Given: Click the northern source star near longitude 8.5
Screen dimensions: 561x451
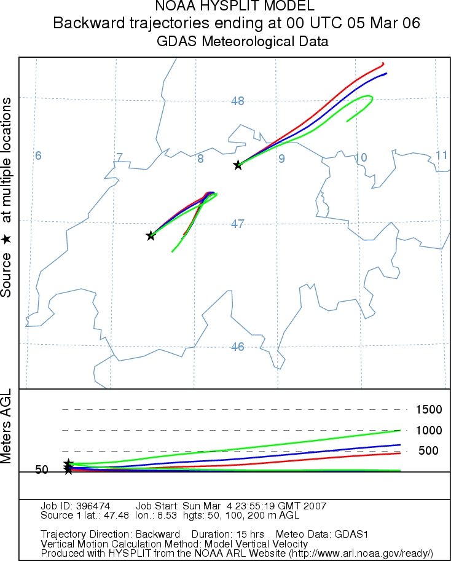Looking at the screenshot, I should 238,165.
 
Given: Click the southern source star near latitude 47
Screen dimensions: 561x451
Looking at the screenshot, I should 151,236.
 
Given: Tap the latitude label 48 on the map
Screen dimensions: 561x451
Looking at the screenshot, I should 238,101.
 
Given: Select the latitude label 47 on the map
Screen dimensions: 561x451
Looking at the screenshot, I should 238,224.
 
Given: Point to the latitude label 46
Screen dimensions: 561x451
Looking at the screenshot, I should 238,347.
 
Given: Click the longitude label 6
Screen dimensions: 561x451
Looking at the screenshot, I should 38,156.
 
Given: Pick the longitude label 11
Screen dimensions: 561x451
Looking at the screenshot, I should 441,155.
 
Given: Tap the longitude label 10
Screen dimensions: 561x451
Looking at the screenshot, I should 361,158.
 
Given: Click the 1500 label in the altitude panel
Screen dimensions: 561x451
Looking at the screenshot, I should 428,410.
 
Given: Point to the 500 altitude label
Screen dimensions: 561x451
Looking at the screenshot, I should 428,451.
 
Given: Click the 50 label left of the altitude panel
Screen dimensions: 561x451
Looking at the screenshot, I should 42,470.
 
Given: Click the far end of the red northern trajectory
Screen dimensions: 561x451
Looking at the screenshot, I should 383,63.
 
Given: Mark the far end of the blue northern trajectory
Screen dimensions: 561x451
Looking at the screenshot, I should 386,73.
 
